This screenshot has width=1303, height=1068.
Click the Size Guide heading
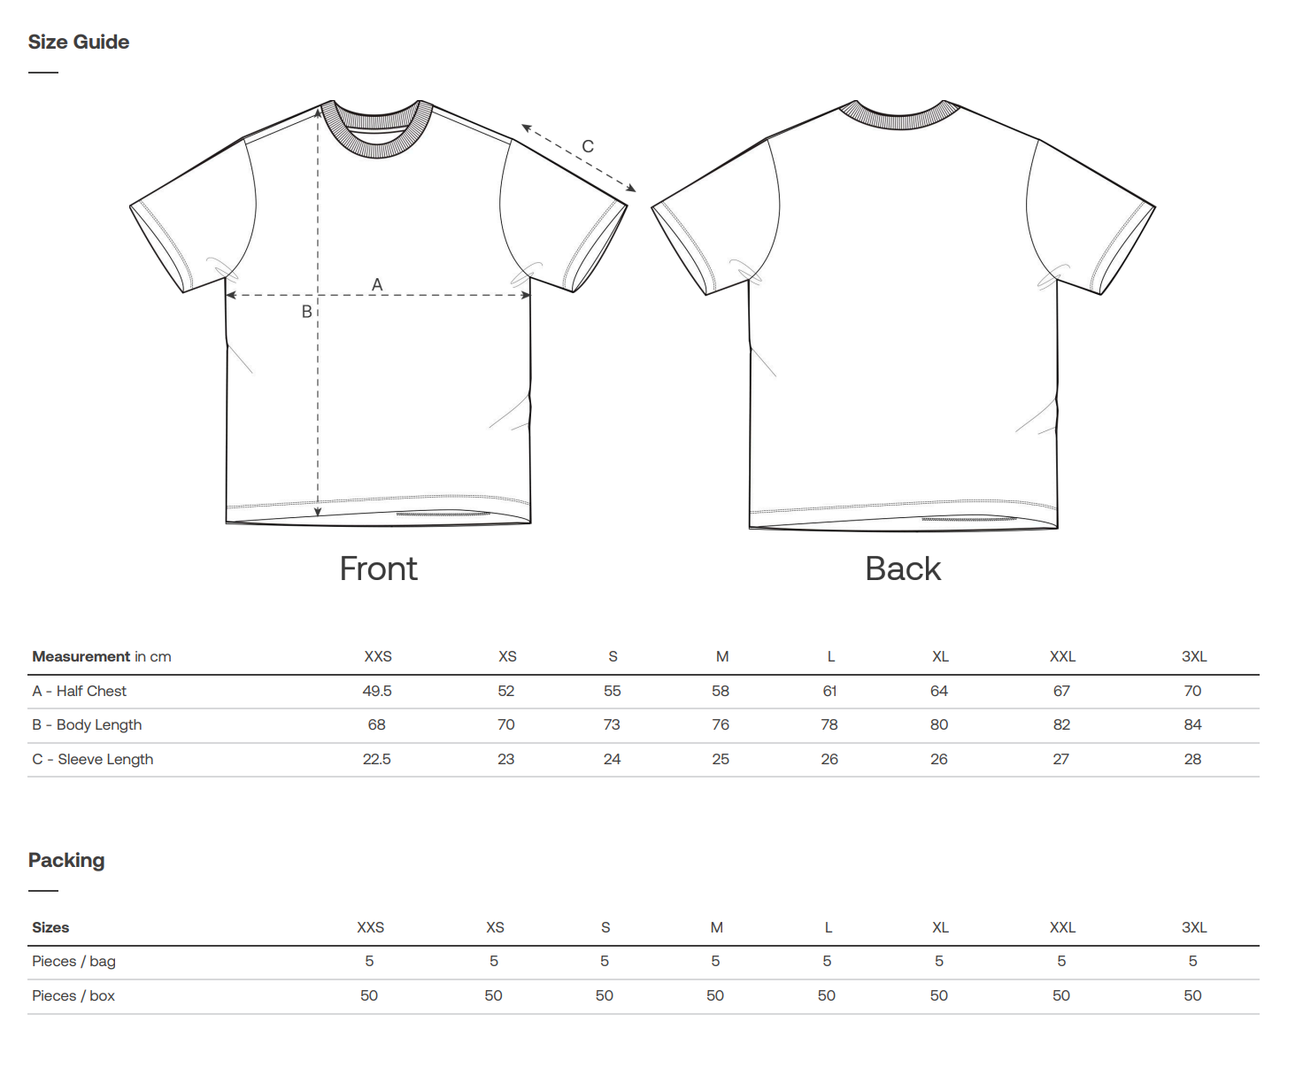79,42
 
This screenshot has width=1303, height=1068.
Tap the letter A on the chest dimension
377,284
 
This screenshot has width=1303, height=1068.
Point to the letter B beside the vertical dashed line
306,312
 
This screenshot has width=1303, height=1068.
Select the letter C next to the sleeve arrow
588,146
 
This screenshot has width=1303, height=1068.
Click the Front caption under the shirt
379,568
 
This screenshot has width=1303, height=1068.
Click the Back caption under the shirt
903,568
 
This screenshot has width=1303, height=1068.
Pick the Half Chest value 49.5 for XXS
377,691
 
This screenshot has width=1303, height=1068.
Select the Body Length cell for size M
721,724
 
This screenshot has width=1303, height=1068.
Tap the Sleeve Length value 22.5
377,759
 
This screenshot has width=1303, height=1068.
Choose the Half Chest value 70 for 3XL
1192,691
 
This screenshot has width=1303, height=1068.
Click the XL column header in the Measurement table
940,656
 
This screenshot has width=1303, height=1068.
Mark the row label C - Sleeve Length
93,759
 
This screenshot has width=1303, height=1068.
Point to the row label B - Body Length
87,724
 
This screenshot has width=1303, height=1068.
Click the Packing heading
66,860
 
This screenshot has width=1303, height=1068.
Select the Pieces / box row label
73,995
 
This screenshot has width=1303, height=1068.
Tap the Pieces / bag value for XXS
369,961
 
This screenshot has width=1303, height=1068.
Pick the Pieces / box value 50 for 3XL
1192,995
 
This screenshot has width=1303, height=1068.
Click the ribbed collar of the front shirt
377,146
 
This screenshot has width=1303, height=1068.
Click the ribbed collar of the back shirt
899,120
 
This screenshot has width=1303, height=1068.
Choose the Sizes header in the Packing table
50,927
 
